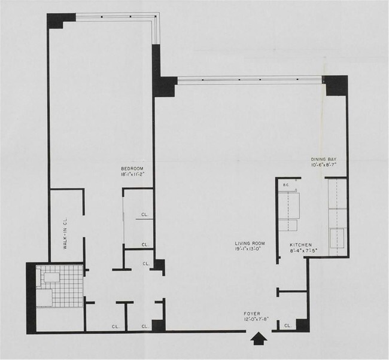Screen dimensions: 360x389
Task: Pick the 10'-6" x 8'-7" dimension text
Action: [325, 166]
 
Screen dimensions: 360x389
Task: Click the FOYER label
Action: [252, 313]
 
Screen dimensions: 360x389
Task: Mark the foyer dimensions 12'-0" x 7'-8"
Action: [252, 320]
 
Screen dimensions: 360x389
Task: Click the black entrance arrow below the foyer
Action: [257, 339]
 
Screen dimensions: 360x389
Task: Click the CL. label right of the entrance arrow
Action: [288, 326]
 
